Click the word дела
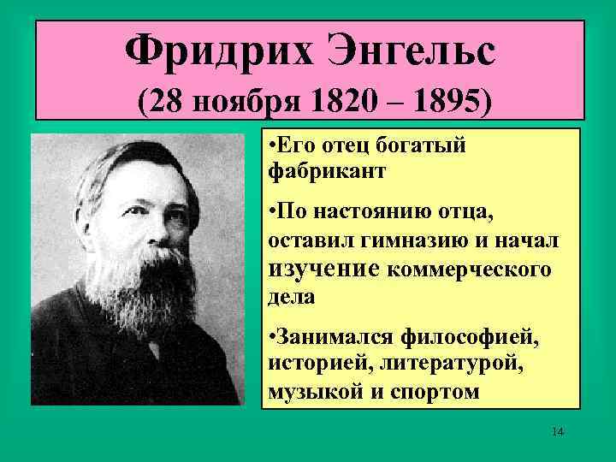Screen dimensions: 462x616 pos(291,298)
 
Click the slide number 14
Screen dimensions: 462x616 pos(558,431)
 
